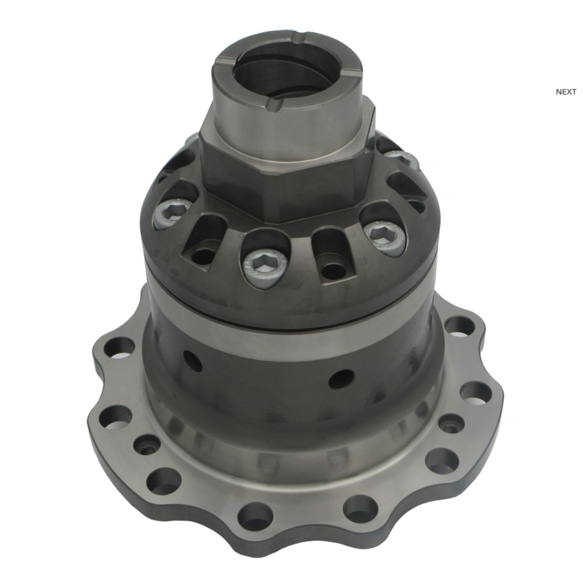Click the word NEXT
pos(566,92)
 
